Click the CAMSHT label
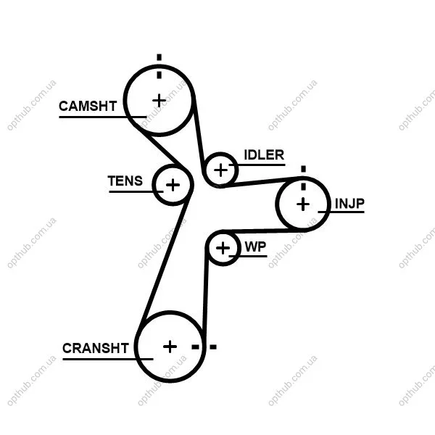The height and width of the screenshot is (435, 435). [x=88, y=107]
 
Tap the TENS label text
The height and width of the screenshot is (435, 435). [x=125, y=181]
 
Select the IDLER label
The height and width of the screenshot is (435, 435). [x=264, y=155]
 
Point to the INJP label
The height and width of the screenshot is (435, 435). [x=349, y=203]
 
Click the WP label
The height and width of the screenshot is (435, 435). [x=255, y=247]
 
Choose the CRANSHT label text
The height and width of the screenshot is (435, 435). [x=96, y=348]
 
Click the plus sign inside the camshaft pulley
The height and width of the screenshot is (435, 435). [x=159, y=101]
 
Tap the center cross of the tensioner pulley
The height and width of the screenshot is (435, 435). [x=173, y=185]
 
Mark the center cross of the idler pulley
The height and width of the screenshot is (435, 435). [x=221, y=170]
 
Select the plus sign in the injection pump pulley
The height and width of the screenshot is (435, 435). [x=303, y=204]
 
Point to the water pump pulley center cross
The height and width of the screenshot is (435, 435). [x=223, y=248]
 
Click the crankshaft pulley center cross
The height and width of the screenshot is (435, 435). [x=170, y=347]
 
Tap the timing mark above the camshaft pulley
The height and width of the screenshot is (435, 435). [x=159, y=57]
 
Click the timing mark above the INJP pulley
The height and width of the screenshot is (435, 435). [x=304, y=169]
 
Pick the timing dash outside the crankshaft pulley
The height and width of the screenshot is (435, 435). [x=213, y=347]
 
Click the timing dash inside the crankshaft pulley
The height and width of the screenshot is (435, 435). [x=196, y=347]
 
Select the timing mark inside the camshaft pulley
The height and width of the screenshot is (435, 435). [x=159, y=75]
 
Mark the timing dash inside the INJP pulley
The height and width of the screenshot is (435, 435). [x=304, y=186]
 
